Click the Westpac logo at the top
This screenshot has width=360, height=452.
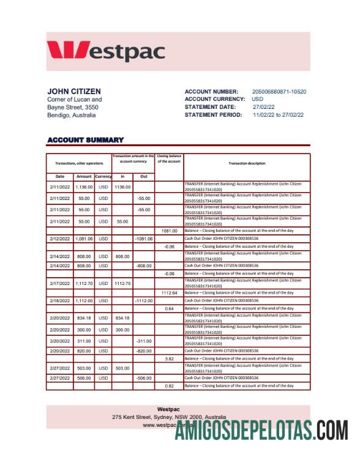coord(106,51)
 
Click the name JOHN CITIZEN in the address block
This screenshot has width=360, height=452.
coord(74,92)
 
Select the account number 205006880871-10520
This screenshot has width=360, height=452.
coord(279,92)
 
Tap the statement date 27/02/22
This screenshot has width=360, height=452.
coord(264,107)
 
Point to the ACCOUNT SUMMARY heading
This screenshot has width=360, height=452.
coord(85,140)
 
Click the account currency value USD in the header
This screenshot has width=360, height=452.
coord(258,99)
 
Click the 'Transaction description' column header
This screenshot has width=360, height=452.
coord(247,163)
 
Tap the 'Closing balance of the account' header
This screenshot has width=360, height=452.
coord(168,158)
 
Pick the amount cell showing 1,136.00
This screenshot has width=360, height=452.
coord(84,187)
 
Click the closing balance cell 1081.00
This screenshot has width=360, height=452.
coord(169,231)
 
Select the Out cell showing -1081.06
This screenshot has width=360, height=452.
coord(143,239)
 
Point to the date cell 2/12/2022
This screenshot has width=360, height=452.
coord(60,239)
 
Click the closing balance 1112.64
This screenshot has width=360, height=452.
coord(169,293)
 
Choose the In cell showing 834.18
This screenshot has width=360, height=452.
coord(122,318)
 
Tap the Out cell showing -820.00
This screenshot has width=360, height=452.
coord(144,351)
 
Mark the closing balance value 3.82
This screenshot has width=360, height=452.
coord(169,358)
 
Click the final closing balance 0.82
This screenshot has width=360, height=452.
coord(169,386)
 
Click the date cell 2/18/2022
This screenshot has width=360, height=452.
coord(60,301)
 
